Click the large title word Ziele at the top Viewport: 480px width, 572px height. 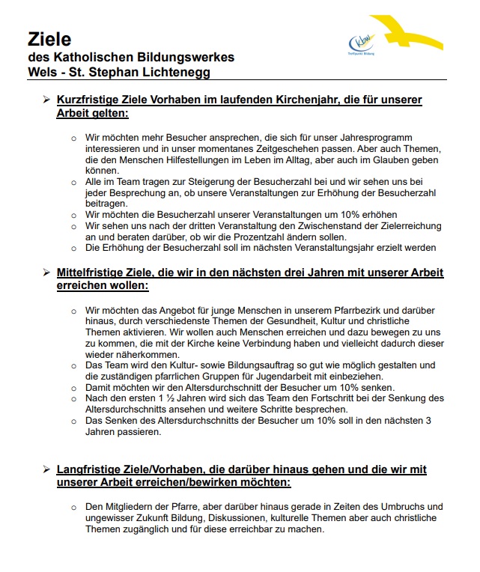click(50, 38)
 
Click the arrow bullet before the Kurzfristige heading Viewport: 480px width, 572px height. click(46, 100)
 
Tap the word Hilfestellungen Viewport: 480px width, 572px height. click(196, 160)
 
